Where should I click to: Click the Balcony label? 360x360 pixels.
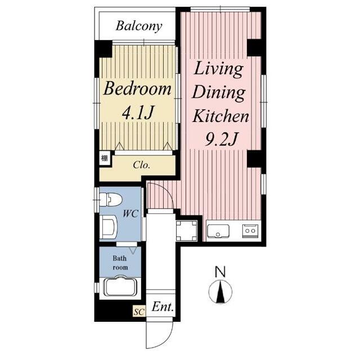139,26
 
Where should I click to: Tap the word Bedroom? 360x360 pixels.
137,89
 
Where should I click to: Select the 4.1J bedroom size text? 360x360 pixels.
137,112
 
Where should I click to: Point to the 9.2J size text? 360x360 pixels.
220,139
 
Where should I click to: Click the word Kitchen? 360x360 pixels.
220,116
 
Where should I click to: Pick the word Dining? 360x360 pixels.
219,92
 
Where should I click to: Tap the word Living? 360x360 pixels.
219,69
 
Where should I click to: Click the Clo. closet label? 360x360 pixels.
141,165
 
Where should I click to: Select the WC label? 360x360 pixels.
130,214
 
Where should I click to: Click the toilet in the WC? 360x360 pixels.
110,199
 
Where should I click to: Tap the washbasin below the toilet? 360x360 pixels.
109,227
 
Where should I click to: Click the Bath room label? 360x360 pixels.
120,263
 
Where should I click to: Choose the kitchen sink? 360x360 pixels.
218,231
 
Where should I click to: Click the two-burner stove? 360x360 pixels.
250,231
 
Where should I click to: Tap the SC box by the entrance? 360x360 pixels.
139,312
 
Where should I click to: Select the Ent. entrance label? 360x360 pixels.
163,307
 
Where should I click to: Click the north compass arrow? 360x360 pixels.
220,291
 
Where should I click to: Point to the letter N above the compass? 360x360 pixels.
220,271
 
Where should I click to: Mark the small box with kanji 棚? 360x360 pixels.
105,158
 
